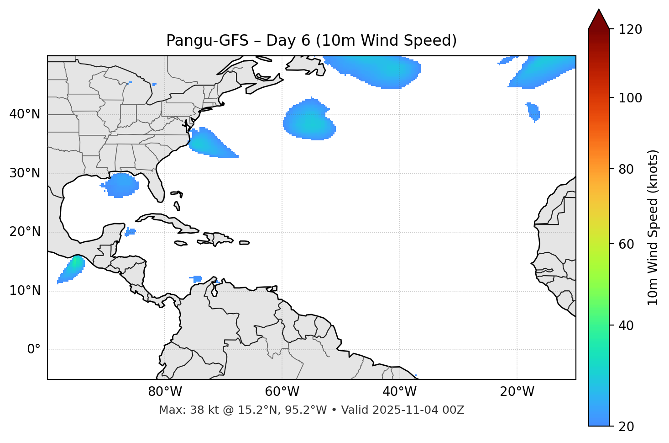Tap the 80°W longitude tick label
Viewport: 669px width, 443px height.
coord(165,392)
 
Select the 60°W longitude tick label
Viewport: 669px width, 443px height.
coord(282,392)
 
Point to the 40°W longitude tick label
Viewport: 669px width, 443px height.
coord(399,392)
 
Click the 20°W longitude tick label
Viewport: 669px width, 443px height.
coord(517,392)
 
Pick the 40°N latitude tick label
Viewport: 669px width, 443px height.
coord(25,114)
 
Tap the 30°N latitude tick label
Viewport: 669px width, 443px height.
coord(25,173)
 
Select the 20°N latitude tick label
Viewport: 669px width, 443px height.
coord(25,232)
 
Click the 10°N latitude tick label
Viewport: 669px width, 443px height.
coord(25,291)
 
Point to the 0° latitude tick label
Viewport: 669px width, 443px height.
coord(34,350)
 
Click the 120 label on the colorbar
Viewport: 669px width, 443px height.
coord(630,30)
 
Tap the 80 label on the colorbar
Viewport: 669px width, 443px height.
coord(626,169)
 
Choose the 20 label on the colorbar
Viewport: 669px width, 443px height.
coord(626,427)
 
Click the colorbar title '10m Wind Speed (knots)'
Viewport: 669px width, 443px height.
coord(653,227)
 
